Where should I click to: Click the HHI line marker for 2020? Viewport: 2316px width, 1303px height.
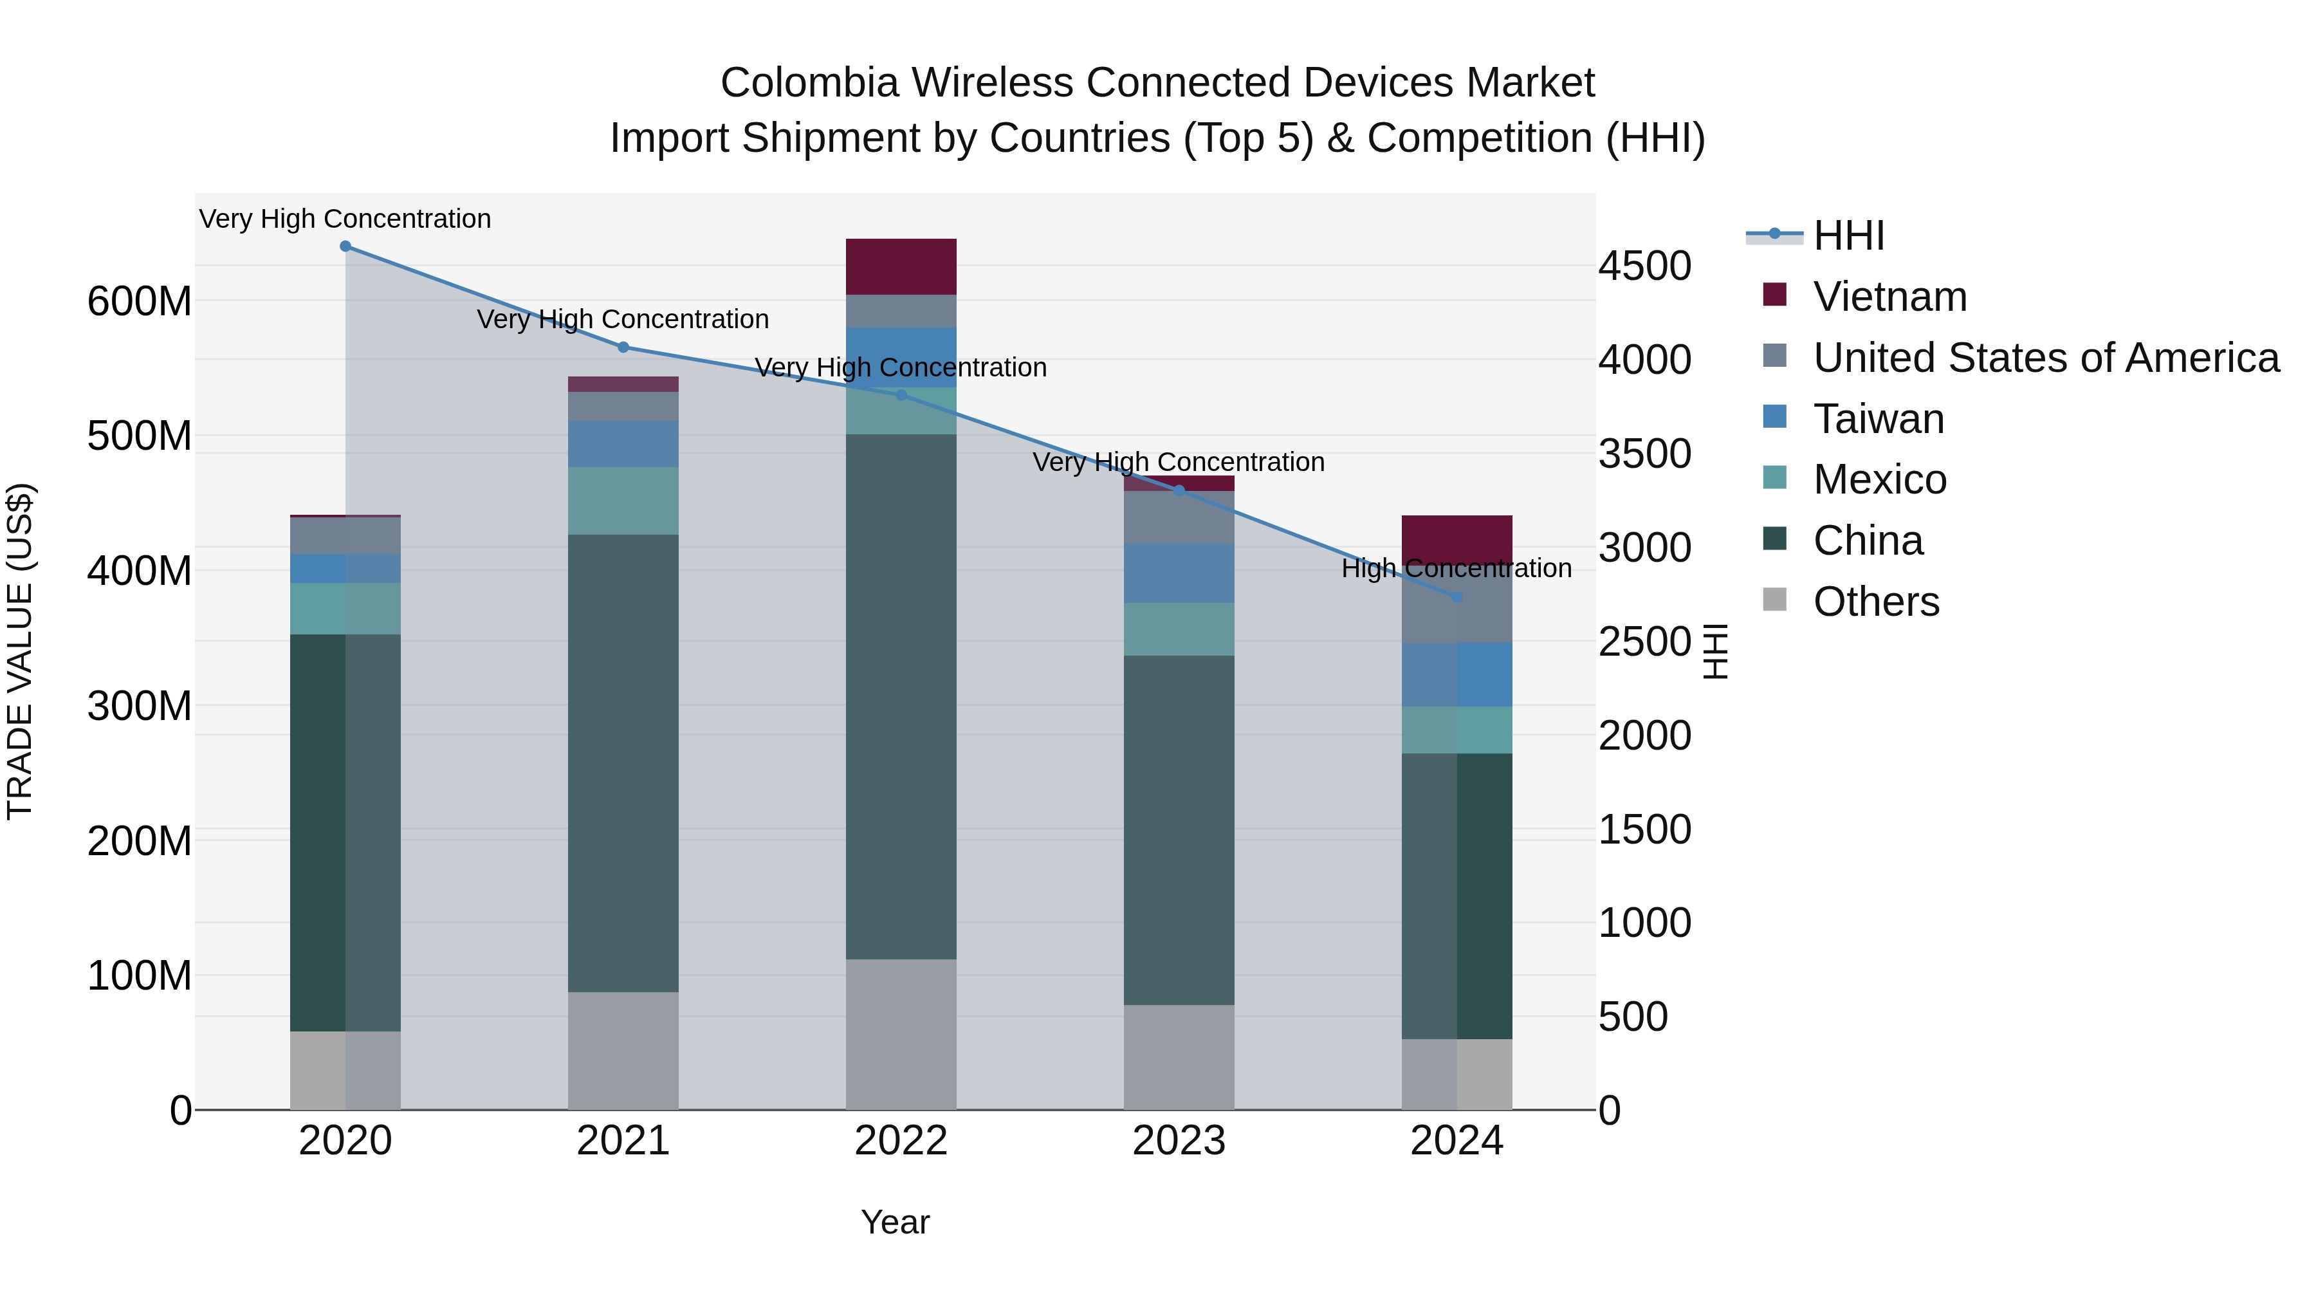345,246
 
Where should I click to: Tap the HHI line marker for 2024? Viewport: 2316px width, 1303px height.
1457,597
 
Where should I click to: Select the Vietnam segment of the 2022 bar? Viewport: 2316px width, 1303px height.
901,267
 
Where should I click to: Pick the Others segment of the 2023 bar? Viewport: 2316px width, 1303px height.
1179,1057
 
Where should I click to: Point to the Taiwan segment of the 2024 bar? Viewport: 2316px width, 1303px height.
1457,674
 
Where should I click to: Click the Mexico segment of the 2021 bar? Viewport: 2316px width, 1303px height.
623,501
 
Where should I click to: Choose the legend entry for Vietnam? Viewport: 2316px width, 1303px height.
1889,297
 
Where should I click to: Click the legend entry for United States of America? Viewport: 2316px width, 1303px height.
2045,358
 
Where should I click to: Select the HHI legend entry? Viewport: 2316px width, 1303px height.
1848,236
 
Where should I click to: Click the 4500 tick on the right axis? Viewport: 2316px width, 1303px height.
1644,266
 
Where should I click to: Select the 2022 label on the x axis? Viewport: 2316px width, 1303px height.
901,1141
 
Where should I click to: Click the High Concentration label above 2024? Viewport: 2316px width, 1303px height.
1457,568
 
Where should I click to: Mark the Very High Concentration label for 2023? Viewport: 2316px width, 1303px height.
1178,462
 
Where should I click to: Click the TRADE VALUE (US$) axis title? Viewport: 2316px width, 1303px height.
21,651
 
